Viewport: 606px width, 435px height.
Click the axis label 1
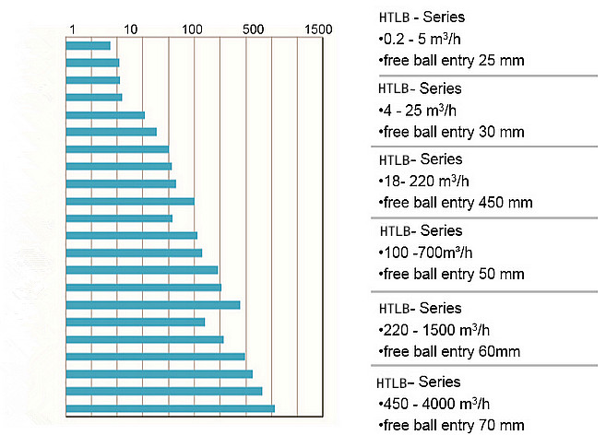coord(72,29)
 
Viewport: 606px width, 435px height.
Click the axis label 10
coord(130,29)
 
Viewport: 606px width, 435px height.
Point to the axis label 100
coord(192,29)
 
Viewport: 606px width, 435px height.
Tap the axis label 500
coord(254,29)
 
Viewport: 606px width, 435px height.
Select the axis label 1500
coord(316,29)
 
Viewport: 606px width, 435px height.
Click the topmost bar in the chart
coord(89,45)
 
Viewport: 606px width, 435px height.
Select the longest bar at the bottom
coord(171,408)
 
